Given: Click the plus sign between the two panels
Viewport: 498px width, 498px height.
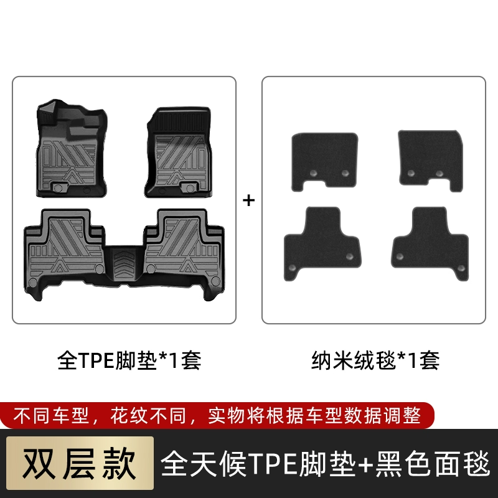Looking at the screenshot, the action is click(x=248, y=200).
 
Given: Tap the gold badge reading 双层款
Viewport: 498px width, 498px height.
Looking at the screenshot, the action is click(x=80, y=463).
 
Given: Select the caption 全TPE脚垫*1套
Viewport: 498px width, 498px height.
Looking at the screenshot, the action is click(x=129, y=360).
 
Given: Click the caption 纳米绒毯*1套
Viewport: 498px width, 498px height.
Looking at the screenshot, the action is click(x=375, y=360).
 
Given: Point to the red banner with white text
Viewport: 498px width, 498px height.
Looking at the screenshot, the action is click(x=217, y=415).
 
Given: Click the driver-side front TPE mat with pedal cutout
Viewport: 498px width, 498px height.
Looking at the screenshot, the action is click(x=72, y=148).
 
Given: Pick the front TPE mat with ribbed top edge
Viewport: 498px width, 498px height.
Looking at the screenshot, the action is click(x=178, y=152).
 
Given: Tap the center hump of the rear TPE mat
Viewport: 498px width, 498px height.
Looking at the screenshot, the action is click(x=124, y=264).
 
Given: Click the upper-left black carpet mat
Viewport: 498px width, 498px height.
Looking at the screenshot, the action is click(x=324, y=162).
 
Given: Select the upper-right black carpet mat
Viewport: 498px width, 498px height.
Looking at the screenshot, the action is click(x=430, y=161).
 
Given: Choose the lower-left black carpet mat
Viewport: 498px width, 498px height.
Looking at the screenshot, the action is click(x=322, y=243).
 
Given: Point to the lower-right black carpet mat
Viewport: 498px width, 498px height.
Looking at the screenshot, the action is click(x=430, y=243).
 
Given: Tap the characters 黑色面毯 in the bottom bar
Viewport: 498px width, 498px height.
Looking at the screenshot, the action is click(x=433, y=463).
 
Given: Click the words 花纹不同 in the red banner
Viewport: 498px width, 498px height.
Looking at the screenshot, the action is click(x=148, y=415).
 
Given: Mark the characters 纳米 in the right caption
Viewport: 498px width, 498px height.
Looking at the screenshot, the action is click(x=332, y=360).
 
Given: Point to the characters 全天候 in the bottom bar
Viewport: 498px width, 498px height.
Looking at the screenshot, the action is click(x=204, y=463).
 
